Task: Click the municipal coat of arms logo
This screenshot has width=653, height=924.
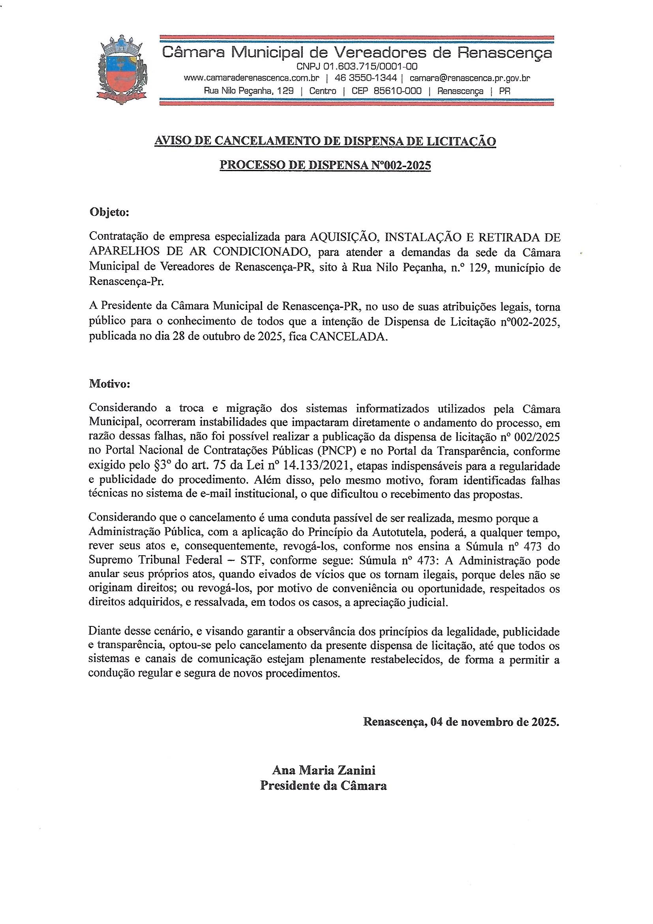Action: (122, 70)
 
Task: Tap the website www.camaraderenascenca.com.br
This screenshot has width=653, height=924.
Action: (251, 78)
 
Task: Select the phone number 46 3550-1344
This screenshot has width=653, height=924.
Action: (366, 78)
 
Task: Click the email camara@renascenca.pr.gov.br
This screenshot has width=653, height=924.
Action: (470, 78)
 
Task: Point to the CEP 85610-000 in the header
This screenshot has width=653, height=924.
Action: (387, 91)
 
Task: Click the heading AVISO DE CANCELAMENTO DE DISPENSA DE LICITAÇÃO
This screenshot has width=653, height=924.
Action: (325, 141)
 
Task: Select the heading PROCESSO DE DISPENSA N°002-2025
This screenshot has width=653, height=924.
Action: (325, 166)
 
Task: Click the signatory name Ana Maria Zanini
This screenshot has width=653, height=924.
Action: (324, 770)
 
